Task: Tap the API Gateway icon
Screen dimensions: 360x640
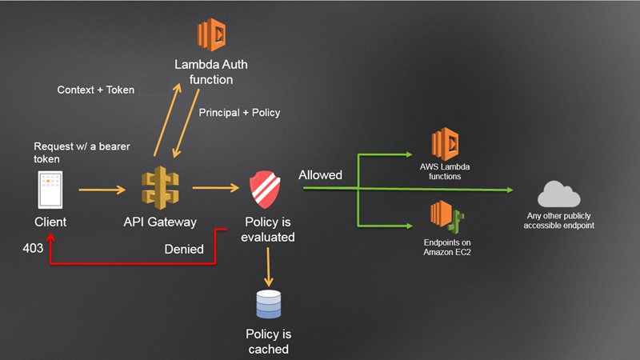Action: tap(160, 189)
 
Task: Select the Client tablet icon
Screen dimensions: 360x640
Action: tap(50, 190)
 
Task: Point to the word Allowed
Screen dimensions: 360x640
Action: tap(320, 174)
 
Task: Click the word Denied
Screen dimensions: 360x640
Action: tap(185, 249)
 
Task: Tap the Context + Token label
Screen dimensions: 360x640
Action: tap(94, 90)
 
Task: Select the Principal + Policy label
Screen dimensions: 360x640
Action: tap(239, 113)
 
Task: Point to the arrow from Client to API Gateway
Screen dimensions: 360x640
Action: tap(102, 190)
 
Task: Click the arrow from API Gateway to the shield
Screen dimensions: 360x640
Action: tap(216, 189)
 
